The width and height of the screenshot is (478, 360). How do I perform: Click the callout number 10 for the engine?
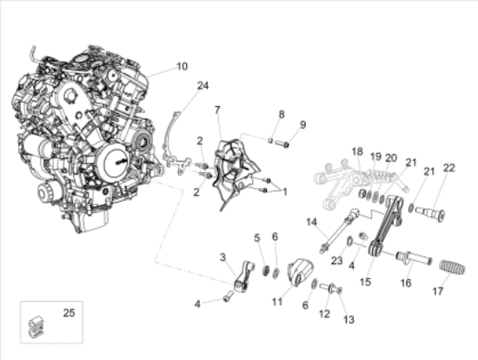(182, 66)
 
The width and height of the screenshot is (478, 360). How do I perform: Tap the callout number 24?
(203, 86)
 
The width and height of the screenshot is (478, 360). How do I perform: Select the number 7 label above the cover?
(217, 110)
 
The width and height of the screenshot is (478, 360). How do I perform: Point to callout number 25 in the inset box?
(69, 313)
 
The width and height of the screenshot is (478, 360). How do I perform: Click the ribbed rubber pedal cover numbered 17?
(452, 268)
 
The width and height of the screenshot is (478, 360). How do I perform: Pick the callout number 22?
(448, 168)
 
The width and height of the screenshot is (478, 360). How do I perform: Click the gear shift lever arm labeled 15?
(386, 226)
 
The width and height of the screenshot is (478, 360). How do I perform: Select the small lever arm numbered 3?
(244, 276)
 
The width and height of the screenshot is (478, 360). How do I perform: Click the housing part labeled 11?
(301, 271)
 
